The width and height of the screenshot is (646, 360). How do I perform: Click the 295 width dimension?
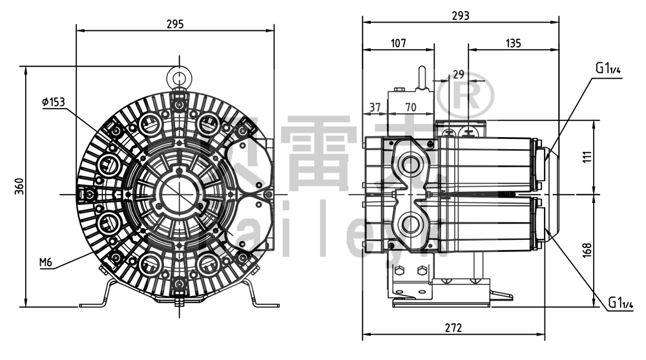(175, 24)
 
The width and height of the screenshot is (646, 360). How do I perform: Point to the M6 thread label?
(45, 262)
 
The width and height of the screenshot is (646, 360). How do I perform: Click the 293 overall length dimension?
(460, 15)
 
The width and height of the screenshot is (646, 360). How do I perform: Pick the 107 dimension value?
(399, 43)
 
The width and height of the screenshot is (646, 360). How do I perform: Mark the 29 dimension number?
(459, 75)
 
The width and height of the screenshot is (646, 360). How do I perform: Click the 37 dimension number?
(375, 107)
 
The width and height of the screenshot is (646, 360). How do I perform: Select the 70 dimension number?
(410, 107)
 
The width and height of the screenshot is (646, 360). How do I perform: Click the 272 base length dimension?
(453, 328)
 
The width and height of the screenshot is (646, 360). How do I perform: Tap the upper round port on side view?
(411, 164)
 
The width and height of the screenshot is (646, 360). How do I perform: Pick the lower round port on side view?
(411, 224)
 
